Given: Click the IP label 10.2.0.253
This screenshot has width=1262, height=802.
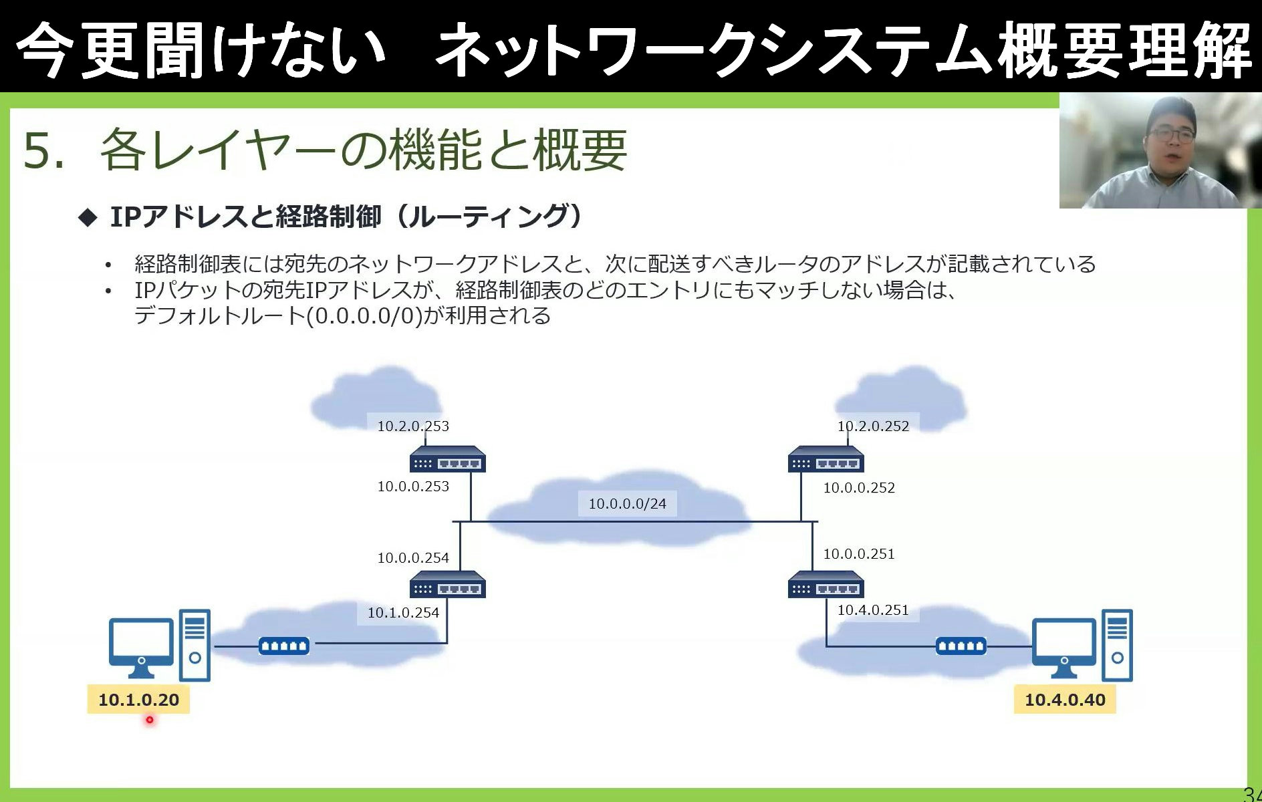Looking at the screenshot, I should [413, 426].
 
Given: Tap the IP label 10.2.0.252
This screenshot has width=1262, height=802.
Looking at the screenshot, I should [873, 426].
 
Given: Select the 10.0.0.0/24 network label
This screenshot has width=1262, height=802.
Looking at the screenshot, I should [627, 503].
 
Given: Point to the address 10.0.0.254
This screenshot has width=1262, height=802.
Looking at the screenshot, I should [413, 557].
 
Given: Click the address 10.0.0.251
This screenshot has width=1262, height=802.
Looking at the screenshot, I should [858, 553].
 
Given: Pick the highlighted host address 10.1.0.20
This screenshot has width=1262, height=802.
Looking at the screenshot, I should [138, 699].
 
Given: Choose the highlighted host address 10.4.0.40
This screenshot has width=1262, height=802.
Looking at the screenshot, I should [1065, 699].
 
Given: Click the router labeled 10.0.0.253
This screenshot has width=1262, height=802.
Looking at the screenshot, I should [447, 460].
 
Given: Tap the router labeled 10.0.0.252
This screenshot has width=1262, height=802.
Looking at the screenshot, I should [826, 460].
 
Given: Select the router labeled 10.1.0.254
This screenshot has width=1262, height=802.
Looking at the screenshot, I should [447, 585].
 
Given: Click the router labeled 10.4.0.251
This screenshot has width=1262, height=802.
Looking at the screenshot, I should [826, 585].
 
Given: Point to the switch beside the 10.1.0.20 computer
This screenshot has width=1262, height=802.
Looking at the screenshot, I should [283, 646].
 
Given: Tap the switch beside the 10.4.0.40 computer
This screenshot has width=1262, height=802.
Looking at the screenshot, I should [961, 646].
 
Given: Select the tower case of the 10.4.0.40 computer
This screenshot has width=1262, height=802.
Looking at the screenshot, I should [1117, 644].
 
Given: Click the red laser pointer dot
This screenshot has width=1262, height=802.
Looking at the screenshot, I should [150, 720].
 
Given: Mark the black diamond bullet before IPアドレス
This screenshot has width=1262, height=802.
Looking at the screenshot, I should [88, 217].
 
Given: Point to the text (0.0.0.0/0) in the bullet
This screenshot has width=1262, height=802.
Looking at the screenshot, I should [364, 315].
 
